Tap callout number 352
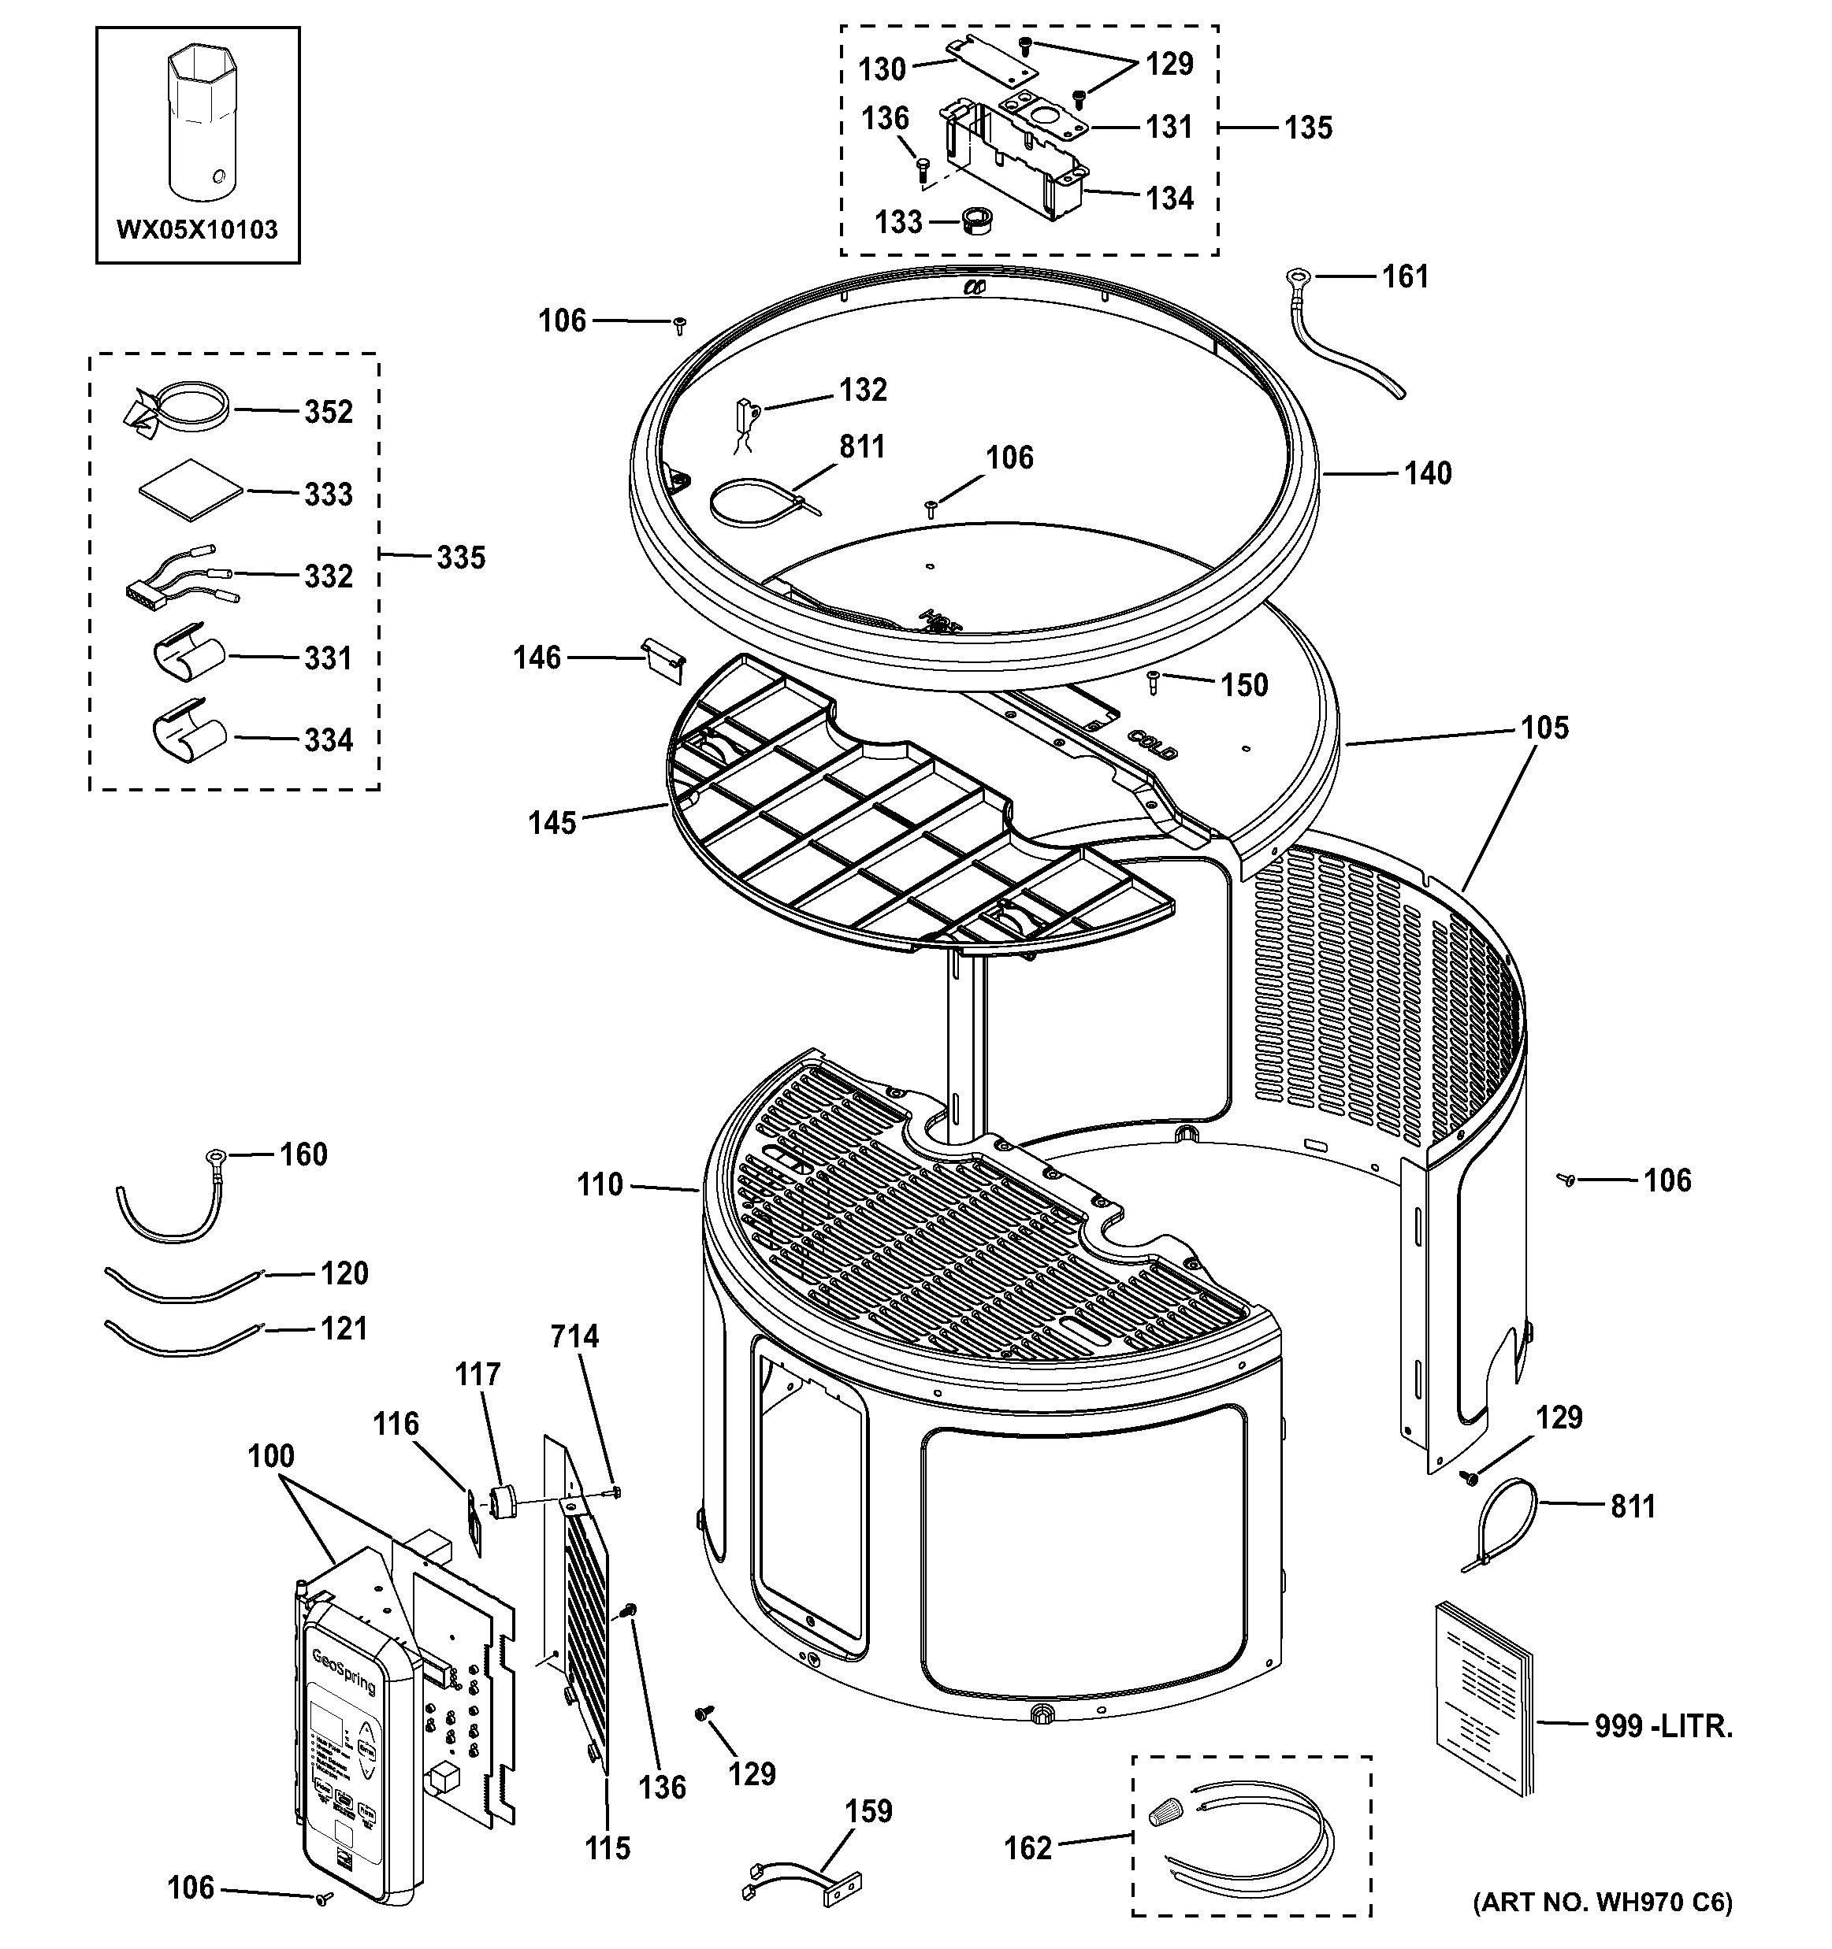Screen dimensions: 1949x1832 [x=328, y=412]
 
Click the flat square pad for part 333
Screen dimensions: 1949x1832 [x=189, y=488]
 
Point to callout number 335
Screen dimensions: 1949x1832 [x=461, y=558]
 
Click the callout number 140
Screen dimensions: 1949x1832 [x=1427, y=473]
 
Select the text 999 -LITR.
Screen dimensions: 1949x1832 [x=1663, y=1725]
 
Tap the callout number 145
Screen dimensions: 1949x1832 [x=552, y=823]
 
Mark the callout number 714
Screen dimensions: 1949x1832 [x=574, y=1336]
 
